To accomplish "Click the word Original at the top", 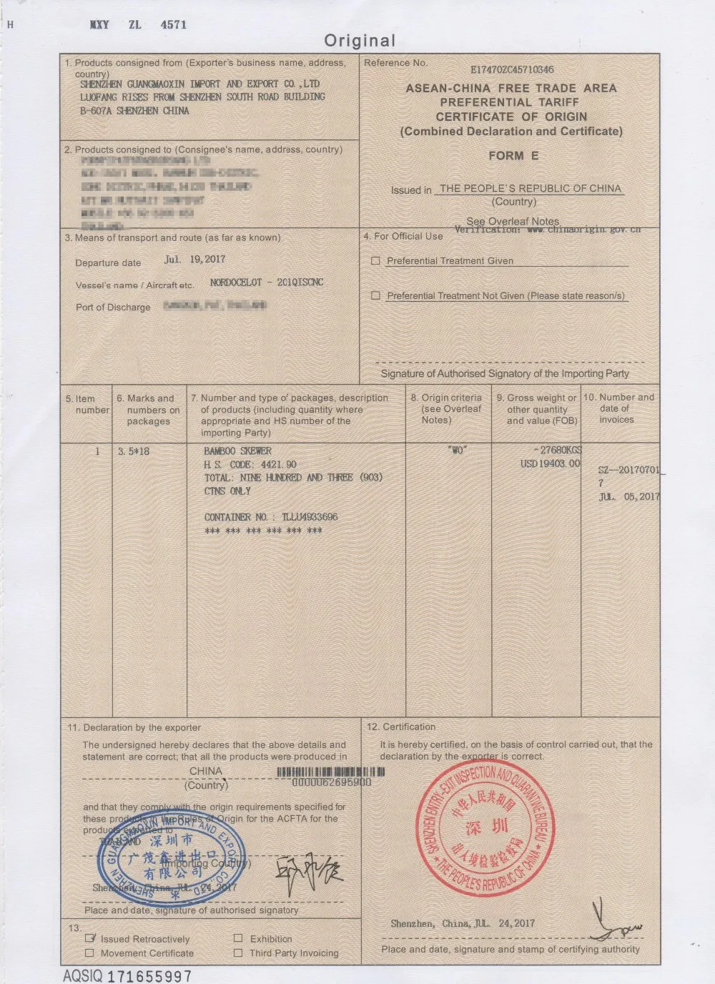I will (359, 41).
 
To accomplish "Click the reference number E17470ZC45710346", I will (512, 69).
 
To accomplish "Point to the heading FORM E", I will (513, 156).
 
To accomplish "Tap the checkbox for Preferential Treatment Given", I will (375, 261).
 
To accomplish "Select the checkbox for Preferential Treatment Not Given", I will (375, 295).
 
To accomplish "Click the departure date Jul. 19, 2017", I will (194, 260).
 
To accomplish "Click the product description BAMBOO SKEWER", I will (237, 451).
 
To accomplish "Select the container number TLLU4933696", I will (310, 517).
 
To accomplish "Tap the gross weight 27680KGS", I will (558, 450).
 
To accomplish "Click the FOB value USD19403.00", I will (551, 463).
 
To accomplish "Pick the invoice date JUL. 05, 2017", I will (629, 496).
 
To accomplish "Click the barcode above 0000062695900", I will (330, 772).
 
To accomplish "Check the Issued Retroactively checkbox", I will (90, 938).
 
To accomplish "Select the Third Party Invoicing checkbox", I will (238, 953).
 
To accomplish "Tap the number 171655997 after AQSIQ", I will (149, 975).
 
